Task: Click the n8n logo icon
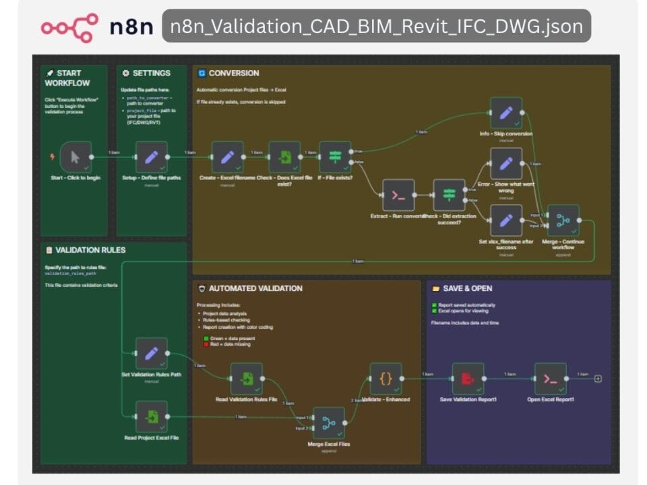(x=69, y=26)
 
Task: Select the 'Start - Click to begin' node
(x=75, y=157)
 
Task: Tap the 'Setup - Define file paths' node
(x=151, y=157)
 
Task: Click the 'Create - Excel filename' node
(x=227, y=157)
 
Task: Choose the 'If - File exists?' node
(x=335, y=157)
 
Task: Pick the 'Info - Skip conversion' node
(x=506, y=112)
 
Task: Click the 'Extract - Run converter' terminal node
(x=398, y=195)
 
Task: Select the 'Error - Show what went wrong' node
(x=506, y=164)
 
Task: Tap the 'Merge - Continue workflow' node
(x=563, y=220)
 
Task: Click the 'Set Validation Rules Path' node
(x=151, y=354)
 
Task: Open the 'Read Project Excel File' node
(x=151, y=416)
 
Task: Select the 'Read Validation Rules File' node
(x=246, y=379)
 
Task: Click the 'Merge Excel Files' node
(x=328, y=423)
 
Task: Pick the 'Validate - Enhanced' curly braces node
(x=386, y=379)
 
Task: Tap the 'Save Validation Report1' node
(x=468, y=379)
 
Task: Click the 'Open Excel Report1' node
(x=551, y=379)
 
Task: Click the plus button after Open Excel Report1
(x=598, y=379)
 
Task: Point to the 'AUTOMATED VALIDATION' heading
(x=255, y=288)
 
